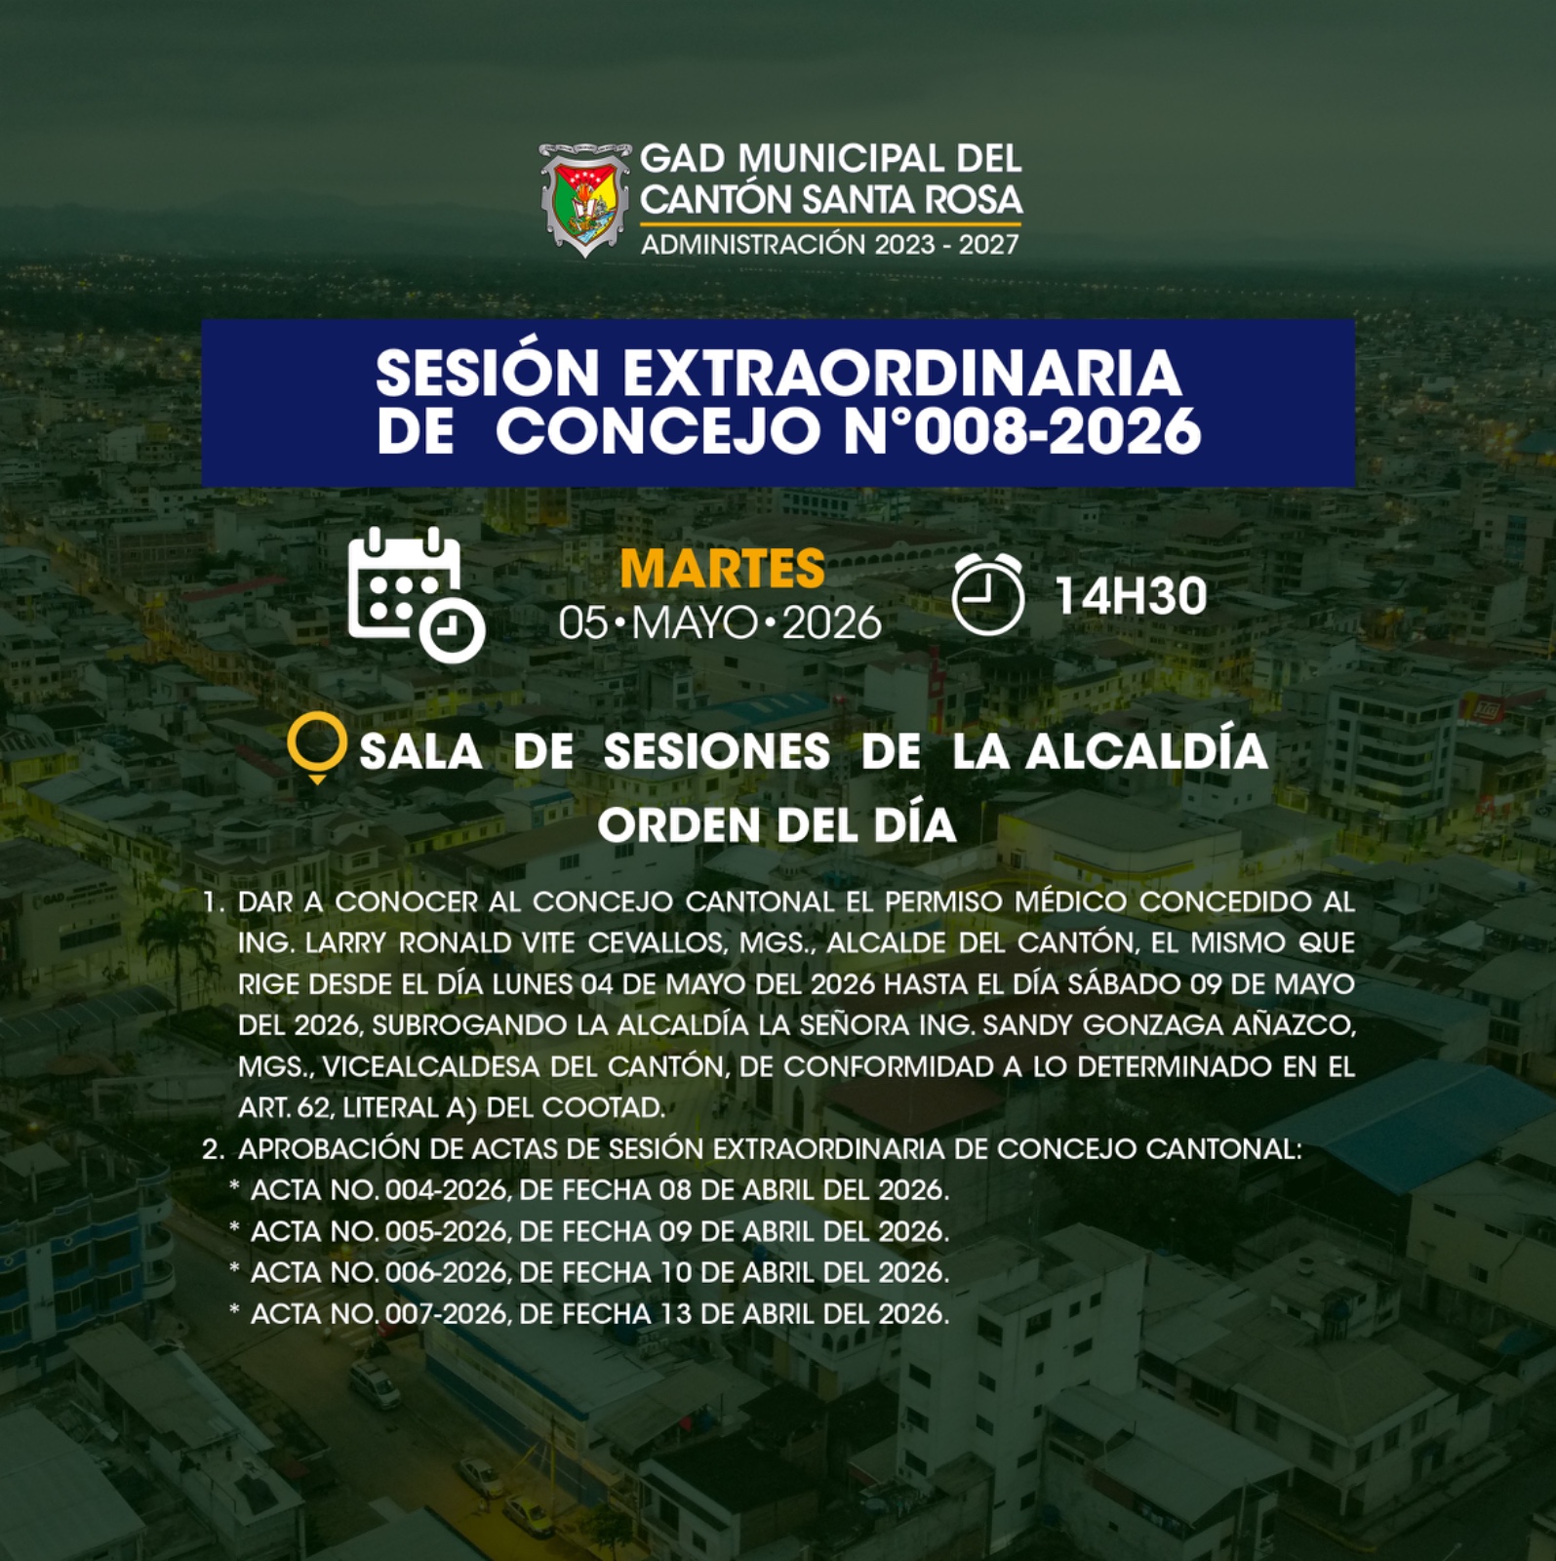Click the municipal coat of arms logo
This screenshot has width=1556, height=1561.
(x=584, y=200)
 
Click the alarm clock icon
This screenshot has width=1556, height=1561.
(x=988, y=594)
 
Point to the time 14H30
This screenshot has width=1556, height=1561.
(x=1131, y=596)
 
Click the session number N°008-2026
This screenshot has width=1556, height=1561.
(x=1022, y=430)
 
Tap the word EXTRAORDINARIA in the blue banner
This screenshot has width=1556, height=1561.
(x=902, y=372)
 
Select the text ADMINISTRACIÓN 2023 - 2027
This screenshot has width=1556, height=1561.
(x=830, y=244)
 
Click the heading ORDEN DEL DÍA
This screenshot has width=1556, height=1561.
(x=778, y=825)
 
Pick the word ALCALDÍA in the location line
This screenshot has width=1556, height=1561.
(x=1146, y=750)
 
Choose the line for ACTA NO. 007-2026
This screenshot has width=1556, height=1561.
(x=599, y=1314)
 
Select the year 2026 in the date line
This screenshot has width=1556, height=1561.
(x=832, y=623)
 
